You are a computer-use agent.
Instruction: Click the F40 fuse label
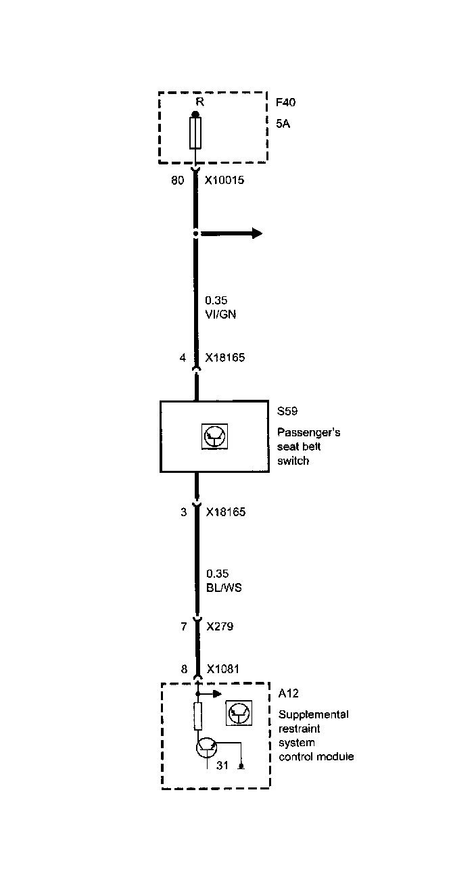[x=285, y=103]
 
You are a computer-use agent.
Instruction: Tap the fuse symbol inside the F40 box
[x=196, y=133]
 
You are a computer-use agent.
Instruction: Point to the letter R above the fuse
[x=199, y=102]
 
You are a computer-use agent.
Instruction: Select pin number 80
[x=177, y=181]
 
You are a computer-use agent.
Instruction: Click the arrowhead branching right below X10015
[x=257, y=233]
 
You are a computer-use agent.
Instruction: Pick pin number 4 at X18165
[x=183, y=358]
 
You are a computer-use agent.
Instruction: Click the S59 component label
[x=287, y=411]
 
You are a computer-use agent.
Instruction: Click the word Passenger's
[x=309, y=433]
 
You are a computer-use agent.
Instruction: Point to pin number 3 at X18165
[x=183, y=512]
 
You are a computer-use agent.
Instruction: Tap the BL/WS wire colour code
[x=223, y=588]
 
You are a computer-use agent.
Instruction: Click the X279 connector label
[x=219, y=626]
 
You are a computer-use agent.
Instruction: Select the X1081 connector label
[x=222, y=669]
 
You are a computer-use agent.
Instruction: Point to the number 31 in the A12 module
[x=222, y=766]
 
